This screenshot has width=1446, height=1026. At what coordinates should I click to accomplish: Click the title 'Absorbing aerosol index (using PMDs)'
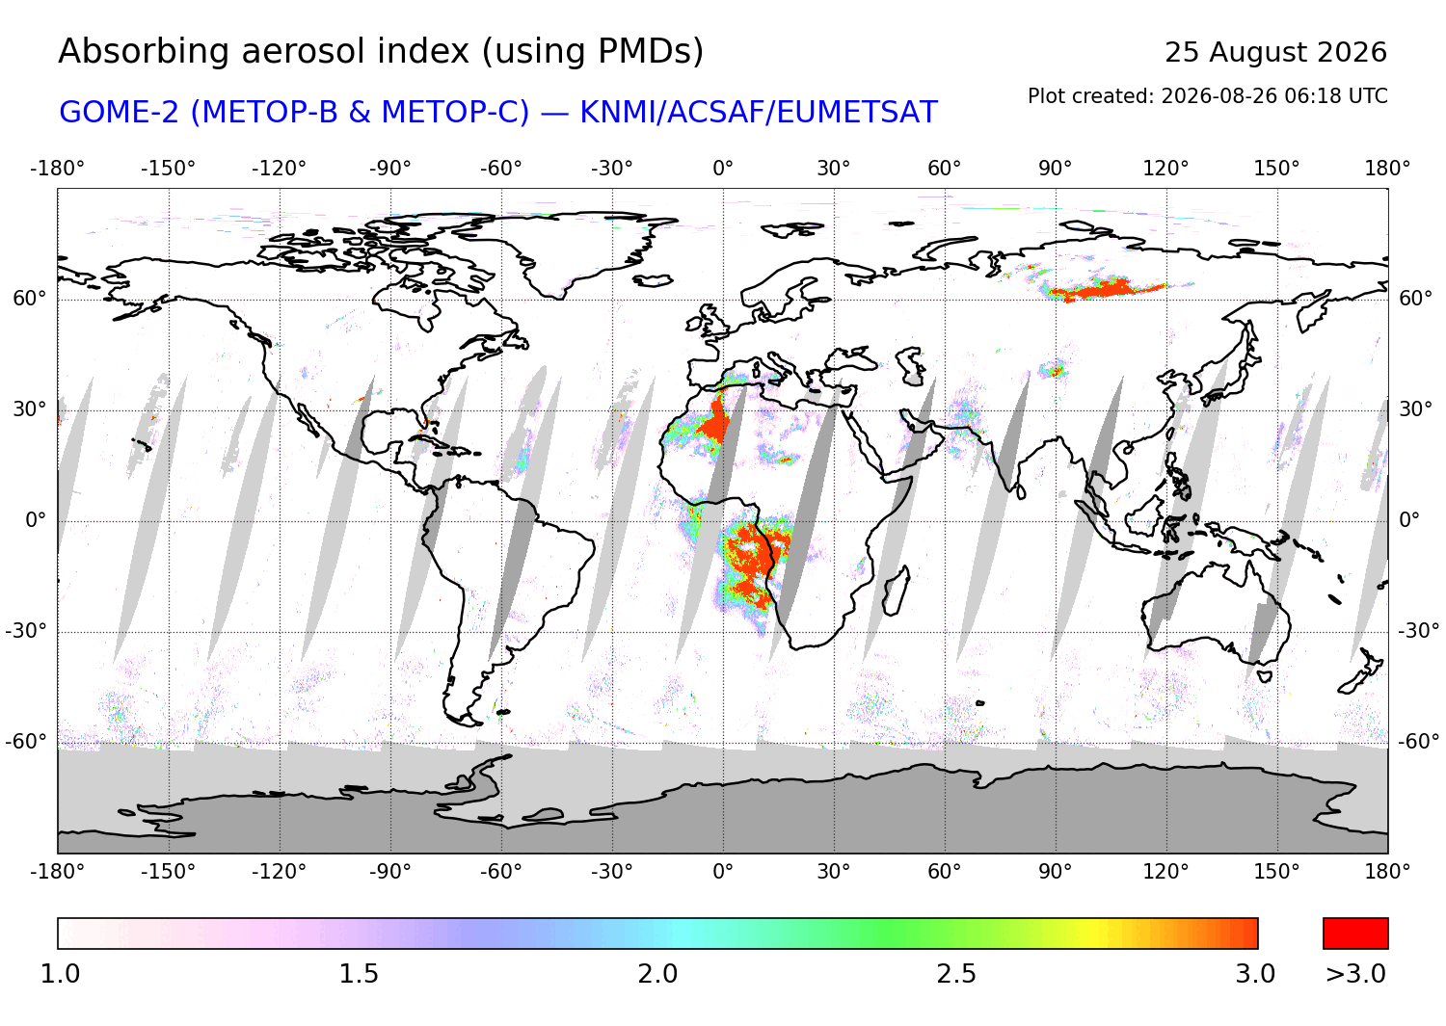(381, 52)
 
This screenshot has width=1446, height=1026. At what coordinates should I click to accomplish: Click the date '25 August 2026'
(1275, 52)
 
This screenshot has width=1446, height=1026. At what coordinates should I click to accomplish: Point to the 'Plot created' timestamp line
(1207, 96)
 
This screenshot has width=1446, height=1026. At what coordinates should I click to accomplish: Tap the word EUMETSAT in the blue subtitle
(856, 113)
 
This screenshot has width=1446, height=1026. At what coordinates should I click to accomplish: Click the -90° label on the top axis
(389, 169)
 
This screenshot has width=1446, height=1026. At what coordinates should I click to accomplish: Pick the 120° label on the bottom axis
(1165, 872)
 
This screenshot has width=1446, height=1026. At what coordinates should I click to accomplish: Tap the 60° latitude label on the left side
(30, 299)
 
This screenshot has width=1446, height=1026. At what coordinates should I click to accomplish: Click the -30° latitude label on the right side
(1419, 630)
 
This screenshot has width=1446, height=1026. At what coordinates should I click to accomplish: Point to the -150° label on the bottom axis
(168, 872)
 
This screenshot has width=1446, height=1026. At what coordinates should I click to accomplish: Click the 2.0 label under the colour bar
(657, 974)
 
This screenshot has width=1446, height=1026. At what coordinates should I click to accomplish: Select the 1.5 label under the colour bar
(359, 974)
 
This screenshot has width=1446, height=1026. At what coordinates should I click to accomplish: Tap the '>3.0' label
(1355, 974)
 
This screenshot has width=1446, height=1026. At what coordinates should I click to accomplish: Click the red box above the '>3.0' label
(1355, 934)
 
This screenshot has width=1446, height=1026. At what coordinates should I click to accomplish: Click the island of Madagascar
(896, 592)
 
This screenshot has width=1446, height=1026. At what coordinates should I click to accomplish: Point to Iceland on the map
(654, 280)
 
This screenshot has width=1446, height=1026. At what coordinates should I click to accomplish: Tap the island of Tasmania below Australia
(1264, 677)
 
